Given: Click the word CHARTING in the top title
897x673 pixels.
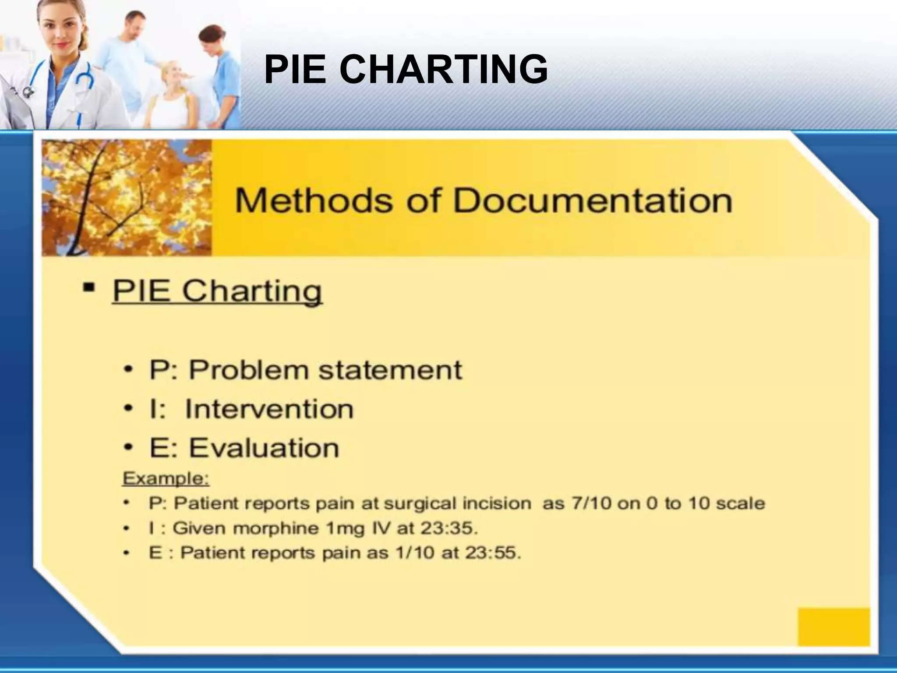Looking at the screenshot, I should coord(443,69).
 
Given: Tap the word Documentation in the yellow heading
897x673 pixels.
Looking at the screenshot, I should coord(592,201).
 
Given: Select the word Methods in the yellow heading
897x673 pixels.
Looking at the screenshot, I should coord(314,201).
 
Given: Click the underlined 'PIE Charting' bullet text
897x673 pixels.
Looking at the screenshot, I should coord(217,291).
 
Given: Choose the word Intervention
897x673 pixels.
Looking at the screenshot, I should coord(269,409).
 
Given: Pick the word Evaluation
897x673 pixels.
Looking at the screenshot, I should coord(264,448).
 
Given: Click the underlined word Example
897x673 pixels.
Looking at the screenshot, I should coord(166,478).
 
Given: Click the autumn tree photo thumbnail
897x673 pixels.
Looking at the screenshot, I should coord(127,198).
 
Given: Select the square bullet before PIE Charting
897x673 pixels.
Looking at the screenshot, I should coord(89,288).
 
